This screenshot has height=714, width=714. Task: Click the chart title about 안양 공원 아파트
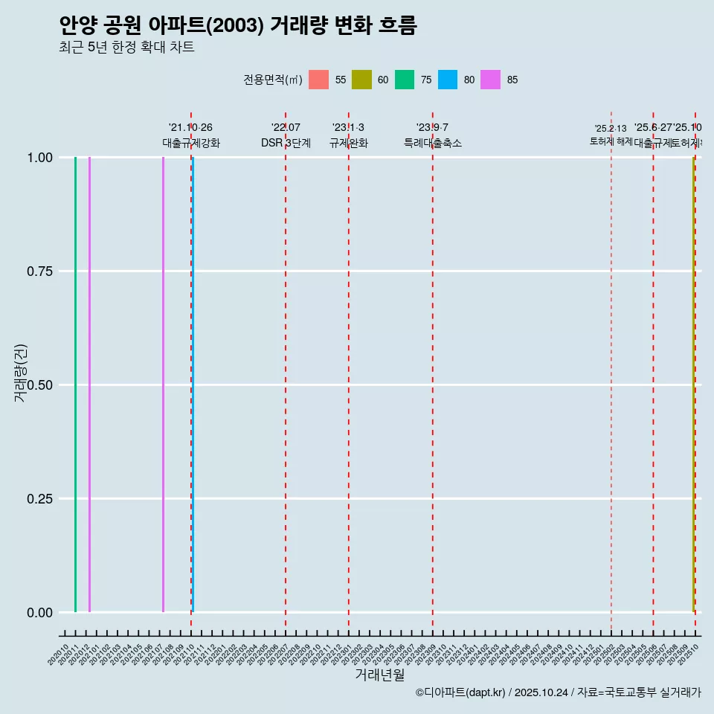[x=238, y=25]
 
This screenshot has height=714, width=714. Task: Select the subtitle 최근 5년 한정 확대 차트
[x=126, y=48]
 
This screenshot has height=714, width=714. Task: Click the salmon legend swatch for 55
[x=318, y=80]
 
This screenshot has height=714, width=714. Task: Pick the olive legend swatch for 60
[x=361, y=80]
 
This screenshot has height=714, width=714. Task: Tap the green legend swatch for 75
[x=405, y=80]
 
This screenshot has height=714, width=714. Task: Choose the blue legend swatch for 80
[x=448, y=80]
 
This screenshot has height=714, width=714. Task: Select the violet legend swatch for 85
[x=491, y=80]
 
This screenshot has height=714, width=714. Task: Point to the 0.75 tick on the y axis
[x=39, y=271]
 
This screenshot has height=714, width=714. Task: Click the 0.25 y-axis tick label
[x=39, y=499]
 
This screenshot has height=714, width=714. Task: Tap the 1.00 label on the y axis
[x=39, y=158]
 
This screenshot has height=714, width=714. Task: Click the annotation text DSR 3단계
[x=286, y=143]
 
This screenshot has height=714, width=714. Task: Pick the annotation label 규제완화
[x=348, y=143]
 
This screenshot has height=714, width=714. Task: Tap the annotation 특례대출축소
[x=433, y=143]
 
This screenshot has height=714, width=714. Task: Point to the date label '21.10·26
[x=190, y=128]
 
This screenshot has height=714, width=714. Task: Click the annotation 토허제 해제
[x=611, y=141]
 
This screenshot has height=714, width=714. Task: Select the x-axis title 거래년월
[x=379, y=675]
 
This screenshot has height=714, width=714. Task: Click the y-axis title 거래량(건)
[x=21, y=373]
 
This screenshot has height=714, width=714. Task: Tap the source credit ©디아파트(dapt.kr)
[x=461, y=692]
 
